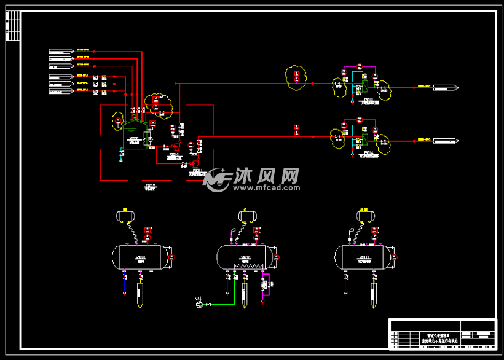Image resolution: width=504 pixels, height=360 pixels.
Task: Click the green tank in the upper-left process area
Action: click(133, 139)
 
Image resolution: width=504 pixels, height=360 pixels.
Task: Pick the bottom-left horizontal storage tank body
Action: click(140, 257)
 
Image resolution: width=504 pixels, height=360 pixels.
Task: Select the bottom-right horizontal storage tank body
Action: click(363, 257)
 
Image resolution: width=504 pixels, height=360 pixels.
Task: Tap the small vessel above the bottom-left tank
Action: click(125, 216)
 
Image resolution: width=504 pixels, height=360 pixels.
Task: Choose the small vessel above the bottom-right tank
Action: click(365, 216)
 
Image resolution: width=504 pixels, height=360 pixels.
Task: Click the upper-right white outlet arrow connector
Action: click(445, 88)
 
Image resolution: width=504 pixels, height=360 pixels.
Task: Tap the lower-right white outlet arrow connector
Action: click(445, 141)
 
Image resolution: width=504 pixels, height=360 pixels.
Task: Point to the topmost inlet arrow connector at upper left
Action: click(61, 51)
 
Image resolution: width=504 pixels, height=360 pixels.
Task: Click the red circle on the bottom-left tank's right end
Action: click(172, 257)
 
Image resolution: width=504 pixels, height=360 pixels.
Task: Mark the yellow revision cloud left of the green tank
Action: click(117, 122)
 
